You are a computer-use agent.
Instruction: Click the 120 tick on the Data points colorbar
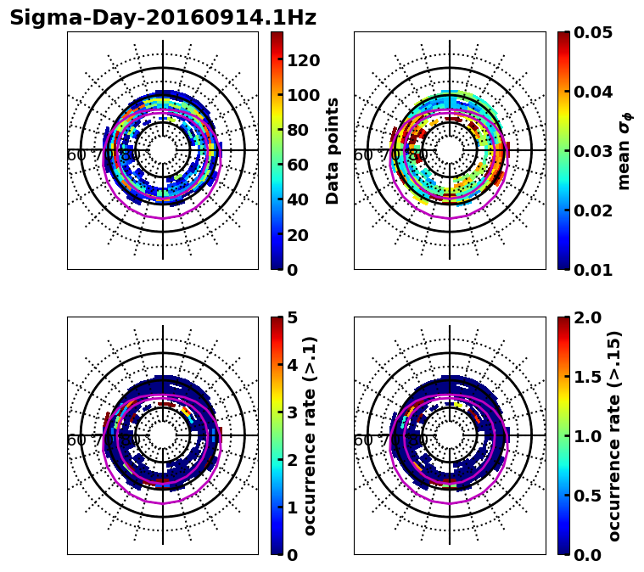302,60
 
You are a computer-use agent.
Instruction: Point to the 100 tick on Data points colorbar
302,95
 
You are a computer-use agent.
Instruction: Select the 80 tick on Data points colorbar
302,130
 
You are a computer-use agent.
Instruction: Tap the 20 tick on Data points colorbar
302,235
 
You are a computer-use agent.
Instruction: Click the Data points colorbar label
333,150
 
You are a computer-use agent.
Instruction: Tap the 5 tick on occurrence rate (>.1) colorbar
291,317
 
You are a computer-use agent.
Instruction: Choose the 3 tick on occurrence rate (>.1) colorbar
291,412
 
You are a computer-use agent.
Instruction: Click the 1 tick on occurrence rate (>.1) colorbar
291,508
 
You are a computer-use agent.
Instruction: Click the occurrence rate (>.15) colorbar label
615,436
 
